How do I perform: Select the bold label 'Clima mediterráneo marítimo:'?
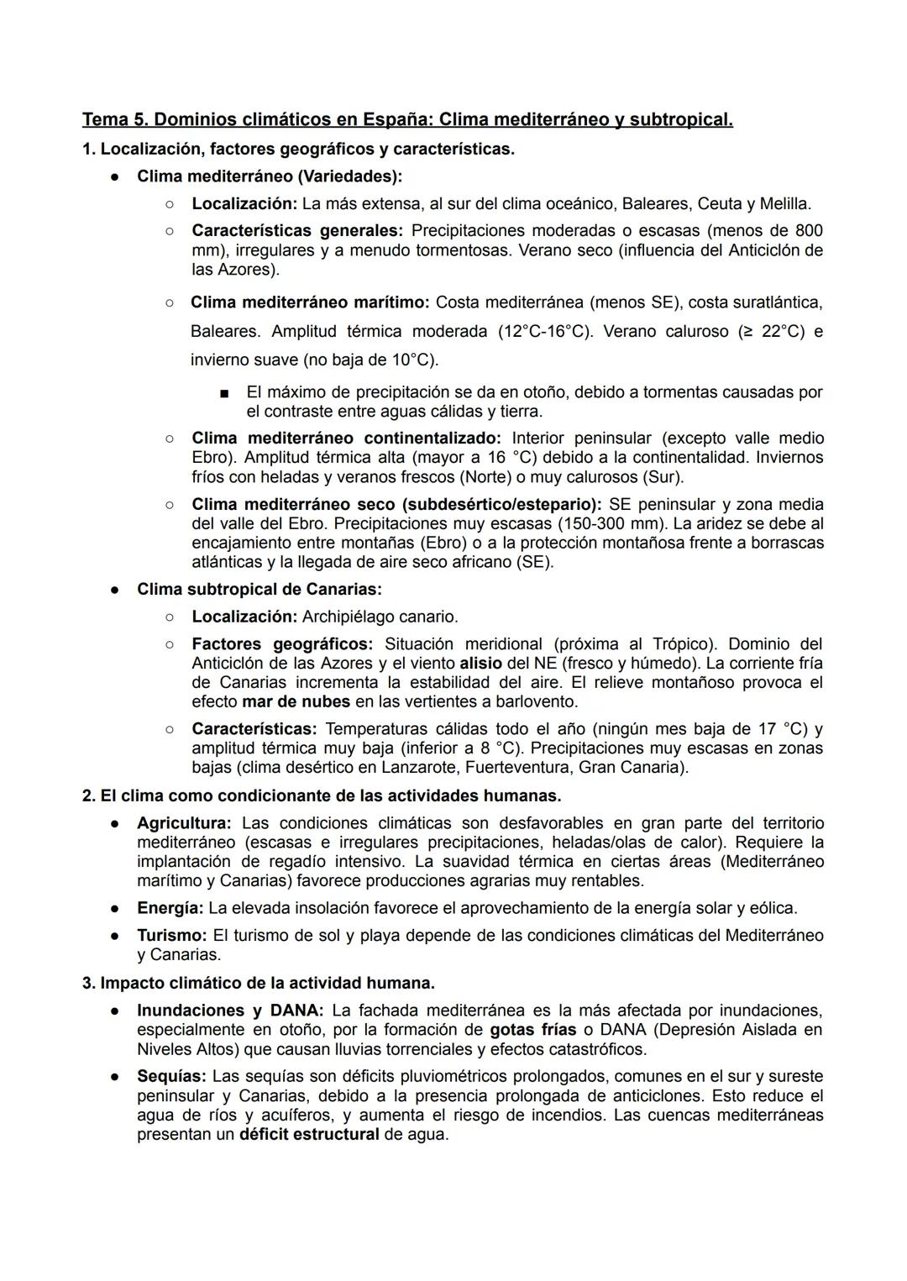pos(310,302)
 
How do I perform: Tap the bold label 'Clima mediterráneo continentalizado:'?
pos(346,438)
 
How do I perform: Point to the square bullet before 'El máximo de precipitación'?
pos(223,393)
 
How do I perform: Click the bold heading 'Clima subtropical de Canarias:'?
pos(259,589)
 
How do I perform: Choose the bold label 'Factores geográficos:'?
pos(282,643)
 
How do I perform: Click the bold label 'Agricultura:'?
pos(184,823)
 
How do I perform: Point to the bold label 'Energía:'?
pos(170,908)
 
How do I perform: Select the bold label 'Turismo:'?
pos(171,935)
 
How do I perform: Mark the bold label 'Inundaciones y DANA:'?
pos(230,1011)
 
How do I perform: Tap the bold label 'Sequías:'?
pos(171,1076)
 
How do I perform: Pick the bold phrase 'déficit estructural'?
pos(309,1134)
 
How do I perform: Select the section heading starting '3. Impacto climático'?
pos(258,983)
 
